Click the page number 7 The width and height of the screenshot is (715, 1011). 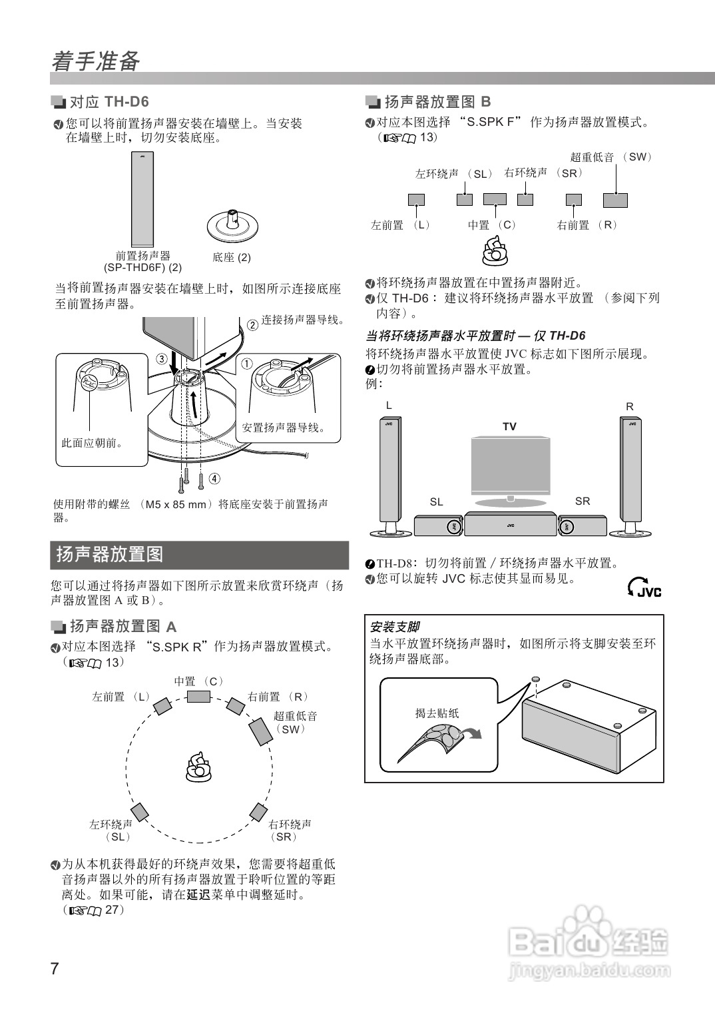coord(55,968)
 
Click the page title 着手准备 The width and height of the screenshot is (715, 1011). coord(96,62)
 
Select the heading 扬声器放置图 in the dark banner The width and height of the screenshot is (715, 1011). coord(110,554)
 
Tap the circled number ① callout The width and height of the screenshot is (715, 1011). coord(246,364)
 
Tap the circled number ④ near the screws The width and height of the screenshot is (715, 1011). coord(214,478)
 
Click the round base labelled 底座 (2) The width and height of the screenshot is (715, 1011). coord(232,226)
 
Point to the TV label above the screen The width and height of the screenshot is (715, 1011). coord(509,426)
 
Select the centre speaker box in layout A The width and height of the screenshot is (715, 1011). coord(198,697)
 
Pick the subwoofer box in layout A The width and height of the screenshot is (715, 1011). coord(260,733)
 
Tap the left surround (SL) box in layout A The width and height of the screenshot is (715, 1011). coord(139,812)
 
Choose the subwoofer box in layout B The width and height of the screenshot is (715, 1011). coord(615,200)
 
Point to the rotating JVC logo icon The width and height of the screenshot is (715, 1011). coord(644,587)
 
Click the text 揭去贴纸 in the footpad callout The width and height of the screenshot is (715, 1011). coord(437,713)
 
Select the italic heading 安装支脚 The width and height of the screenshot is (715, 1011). coord(395,627)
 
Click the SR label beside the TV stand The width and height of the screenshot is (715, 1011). coord(582,501)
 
